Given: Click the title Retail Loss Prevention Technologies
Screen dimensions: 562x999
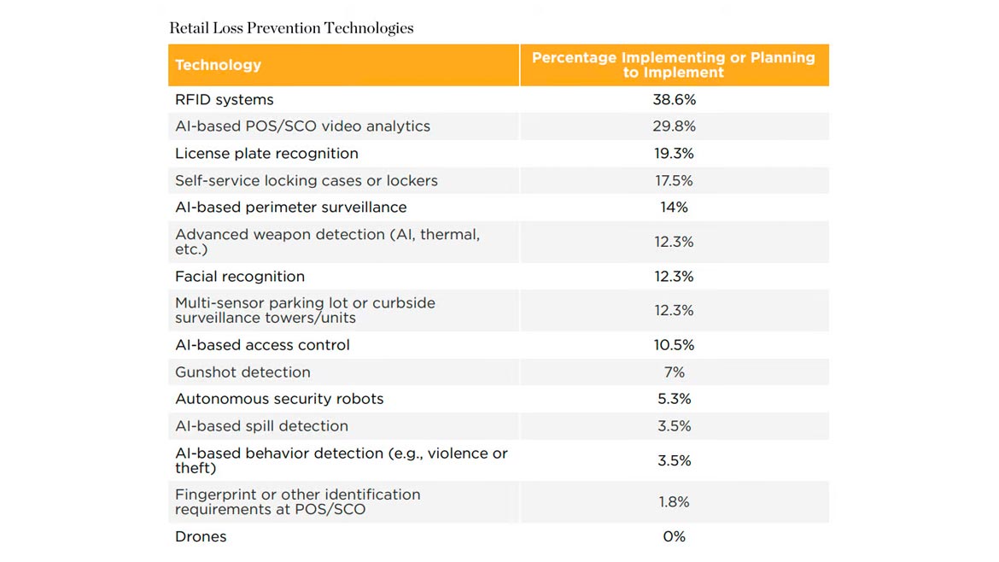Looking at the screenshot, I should (x=291, y=28).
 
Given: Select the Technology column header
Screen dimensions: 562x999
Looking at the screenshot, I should (x=218, y=65).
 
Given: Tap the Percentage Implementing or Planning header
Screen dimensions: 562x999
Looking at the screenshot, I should (x=673, y=65).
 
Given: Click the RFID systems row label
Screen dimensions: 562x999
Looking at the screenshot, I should (x=225, y=99).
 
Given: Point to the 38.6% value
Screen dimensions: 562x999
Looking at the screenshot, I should (x=674, y=99).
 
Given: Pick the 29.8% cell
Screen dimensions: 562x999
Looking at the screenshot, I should (x=674, y=126).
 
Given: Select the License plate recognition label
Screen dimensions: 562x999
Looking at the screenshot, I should (x=266, y=153).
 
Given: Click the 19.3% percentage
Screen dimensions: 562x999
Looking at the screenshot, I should (x=674, y=153).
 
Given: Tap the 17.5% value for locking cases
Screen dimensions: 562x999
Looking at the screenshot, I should (x=674, y=180).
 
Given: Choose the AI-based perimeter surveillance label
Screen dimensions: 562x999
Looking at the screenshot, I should (x=290, y=207).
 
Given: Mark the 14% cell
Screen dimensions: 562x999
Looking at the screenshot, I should (x=674, y=207).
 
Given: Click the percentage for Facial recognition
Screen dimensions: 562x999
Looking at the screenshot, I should (x=674, y=276).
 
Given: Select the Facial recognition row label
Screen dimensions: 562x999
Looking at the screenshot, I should (x=239, y=276).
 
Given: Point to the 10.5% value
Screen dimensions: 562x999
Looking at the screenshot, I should (x=674, y=344).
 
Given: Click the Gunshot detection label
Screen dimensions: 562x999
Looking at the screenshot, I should (x=242, y=372).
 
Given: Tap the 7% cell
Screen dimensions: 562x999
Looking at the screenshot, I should (x=674, y=372).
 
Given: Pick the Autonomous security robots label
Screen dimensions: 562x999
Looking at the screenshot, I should (x=279, y=398).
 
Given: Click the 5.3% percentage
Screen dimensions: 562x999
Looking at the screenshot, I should (x=674, y=398).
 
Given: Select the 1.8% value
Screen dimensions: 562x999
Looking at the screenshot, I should (x=674, y=501).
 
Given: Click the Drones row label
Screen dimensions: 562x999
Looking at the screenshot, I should (x=201, y=536).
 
